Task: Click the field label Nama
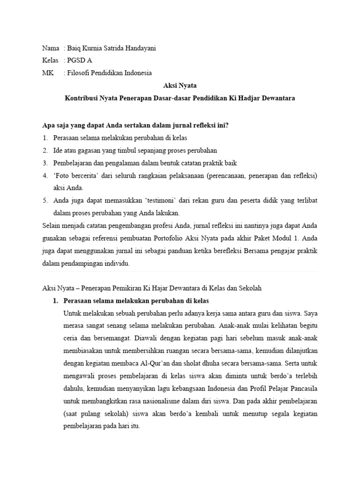coord(50,48)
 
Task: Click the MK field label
coord(48,73)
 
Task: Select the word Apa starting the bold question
coord(48,126)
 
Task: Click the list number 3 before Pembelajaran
coord(45,163)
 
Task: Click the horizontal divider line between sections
coord(180,271)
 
